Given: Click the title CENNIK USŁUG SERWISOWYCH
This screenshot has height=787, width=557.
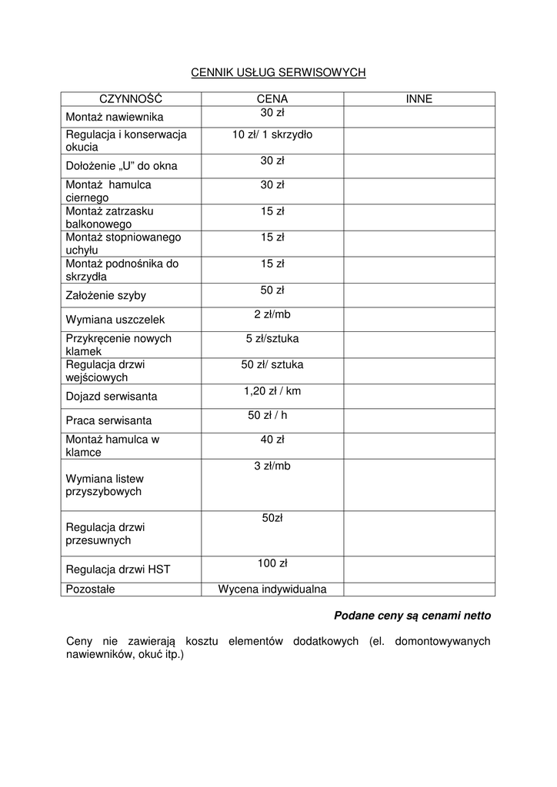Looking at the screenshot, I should tap(278, 72).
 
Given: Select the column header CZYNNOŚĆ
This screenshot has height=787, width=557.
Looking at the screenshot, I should tap(131, 99).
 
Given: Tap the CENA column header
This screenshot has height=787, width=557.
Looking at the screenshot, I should tap(272, 99).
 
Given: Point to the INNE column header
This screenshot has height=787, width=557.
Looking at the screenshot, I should tap(419, 99).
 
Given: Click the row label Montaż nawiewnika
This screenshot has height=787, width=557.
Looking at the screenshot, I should tap(114, 117).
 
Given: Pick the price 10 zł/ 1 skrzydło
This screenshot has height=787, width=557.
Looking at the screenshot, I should tap(272, 134).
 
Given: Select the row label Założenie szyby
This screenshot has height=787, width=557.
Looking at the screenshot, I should tap(105, 295).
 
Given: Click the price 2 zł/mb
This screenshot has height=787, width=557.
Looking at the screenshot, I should tap(272, 314).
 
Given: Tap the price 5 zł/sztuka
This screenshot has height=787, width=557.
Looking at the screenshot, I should tap(272, 338).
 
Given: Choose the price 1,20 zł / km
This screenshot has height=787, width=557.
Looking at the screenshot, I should tap(272, 391).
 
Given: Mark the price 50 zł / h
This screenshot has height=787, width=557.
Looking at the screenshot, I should tap(272, 415).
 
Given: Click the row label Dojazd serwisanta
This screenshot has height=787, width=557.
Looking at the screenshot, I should tap(112, 397).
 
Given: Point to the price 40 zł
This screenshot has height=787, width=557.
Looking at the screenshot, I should tap(272, 440).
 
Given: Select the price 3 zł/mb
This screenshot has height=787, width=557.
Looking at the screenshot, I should tap(272, 466).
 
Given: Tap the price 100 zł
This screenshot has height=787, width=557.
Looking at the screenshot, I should tap(272, 563).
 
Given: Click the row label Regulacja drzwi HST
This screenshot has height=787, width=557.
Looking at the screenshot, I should tap(118, 569).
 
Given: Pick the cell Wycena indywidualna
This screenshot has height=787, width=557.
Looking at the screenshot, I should tap(272, 589).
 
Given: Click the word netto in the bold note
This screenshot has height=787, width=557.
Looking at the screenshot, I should tap(475, 616).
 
